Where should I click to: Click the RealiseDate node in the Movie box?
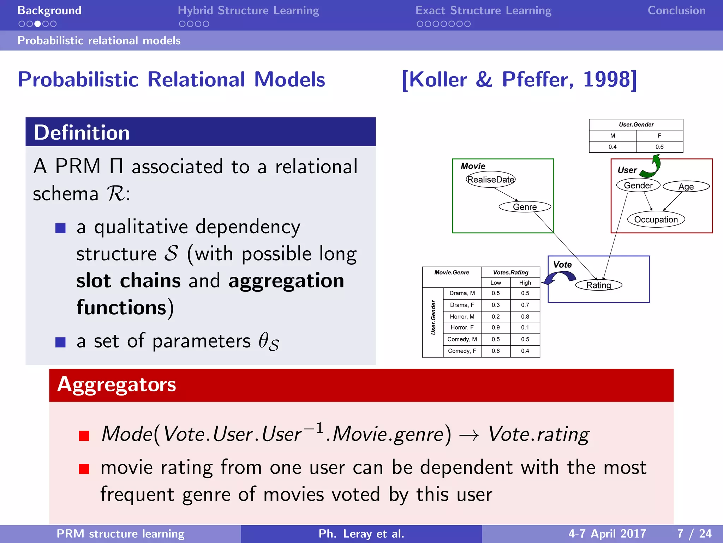pyautogui.click(x=490, y=180)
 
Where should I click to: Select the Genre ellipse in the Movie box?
pyautogui.click(x=525, y=207)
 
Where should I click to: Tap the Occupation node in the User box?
pyautogui.click(x=656, y=220)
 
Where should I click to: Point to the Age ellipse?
pyautogui.click(x=686, y=187)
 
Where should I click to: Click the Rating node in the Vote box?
pyautogui.click(x=598, y=285)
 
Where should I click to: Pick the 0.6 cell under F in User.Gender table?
pyautogui.click(x=659, y=147)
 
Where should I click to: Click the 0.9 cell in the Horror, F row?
pyautogui.click(x=495, y=328)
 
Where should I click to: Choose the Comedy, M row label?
pyautogui.click(x=462, y=339)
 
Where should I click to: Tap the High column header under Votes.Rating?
pyautogui.click(x=525, y=283)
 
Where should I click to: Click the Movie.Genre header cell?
pyautogui.click(x=452, y=273)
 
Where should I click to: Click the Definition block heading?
pyautogui.click(x=82, y=133)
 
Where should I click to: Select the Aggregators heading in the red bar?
pyautogui.click(x=116, y=385)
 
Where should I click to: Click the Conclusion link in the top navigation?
pyautogui.click(x=676, y=11)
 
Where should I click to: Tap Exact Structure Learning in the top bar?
pyautogui.click(x=483, y=11)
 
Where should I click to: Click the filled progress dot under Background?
pyautogui.click(x=37, y=24)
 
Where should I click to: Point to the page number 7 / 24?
pyautogui.click(x=694, y=533)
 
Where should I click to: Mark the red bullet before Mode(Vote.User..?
pyautogui.click(x=84, y=436)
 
